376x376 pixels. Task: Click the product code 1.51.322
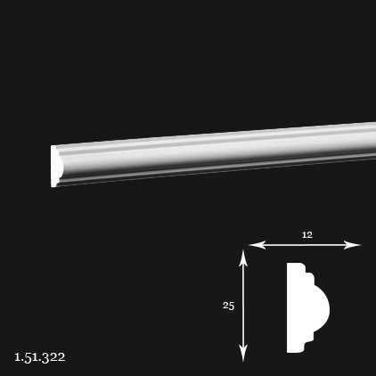[40, 357]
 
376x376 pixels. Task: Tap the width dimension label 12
[307, 235]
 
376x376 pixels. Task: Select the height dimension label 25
[229, 306]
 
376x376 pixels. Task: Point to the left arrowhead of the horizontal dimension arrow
[257, 245]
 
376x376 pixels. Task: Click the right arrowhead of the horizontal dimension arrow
[352, 245]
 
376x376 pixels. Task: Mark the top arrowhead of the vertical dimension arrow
[243, 257]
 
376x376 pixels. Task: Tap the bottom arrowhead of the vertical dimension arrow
[243, 354]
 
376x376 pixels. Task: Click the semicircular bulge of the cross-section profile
[322, 308]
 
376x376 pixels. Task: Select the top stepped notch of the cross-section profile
[309, 274]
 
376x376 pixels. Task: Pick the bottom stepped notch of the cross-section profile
[309, 341]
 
